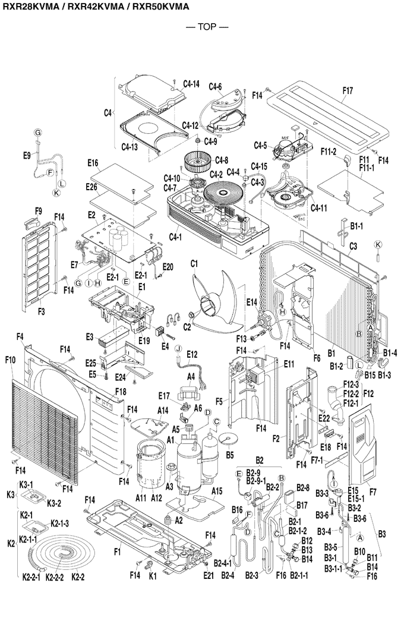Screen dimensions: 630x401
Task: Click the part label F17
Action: [348, 91]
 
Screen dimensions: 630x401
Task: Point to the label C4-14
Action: [191, 84]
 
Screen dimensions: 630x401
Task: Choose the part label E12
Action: [191, 354]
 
